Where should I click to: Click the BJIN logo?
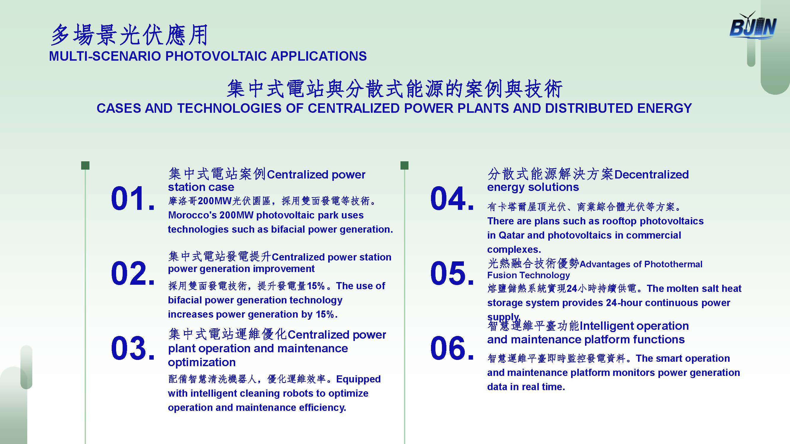coord(753,26)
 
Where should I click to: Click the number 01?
coord(133,199)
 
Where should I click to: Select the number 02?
coord(133,273)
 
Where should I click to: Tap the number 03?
coord(133,348)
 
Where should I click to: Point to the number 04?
coord(452,199)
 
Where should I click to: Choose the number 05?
coord(452,273)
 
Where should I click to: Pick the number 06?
coord(452,348)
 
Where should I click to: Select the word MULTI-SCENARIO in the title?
coord(105,56)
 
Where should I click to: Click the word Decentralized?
coord(652,175)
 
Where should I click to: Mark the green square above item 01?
coord(85,165)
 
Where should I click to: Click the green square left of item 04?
coord(405,165)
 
